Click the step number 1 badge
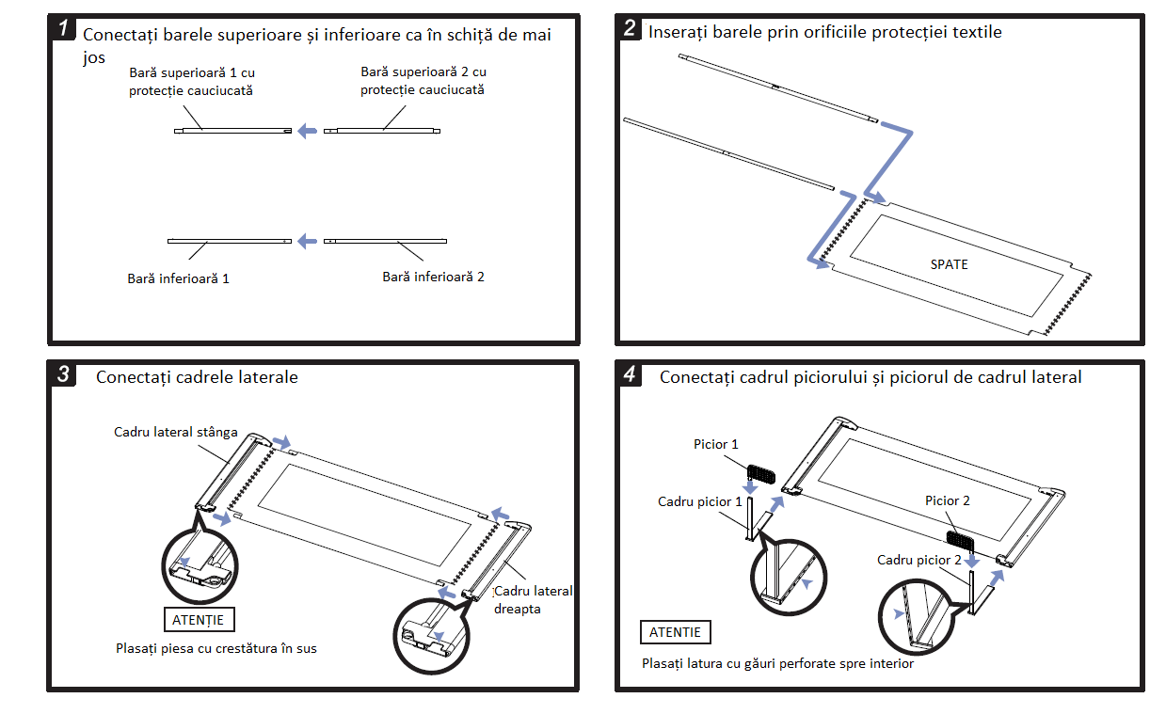coord(63,28)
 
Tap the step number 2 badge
coord(630,28)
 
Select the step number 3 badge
coord(63,374)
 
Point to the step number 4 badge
coord(630,374)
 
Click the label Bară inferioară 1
coord(179,278)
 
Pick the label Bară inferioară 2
coord(433,277)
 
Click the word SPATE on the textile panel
coord(949,264)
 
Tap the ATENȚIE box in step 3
coord(198,620)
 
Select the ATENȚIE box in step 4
coord(675,632)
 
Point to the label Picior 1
coord(716,444)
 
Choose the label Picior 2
coord(948,500)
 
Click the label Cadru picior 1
coord(700,501)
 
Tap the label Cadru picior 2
coord(919,560)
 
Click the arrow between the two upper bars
coord(307,131)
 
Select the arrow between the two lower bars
coord(307,242)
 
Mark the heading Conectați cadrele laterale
coord(197,377)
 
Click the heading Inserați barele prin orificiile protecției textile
coord(825,32)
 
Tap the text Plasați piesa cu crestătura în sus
coord(216,648)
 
